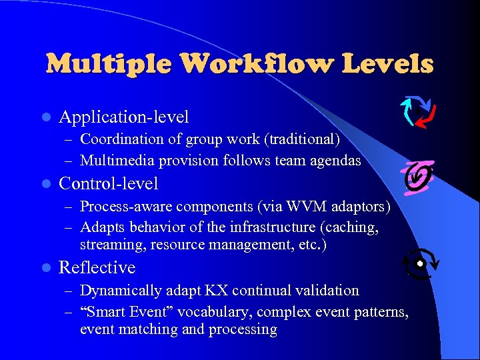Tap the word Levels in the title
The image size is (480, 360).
pos(387,64)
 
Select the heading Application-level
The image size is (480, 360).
pos(124,117)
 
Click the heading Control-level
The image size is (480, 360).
pos(109,183)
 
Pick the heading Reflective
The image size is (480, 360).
pos(97,267)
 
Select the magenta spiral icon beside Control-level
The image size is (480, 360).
pos(419,176)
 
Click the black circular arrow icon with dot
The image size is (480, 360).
pos(420,265)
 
